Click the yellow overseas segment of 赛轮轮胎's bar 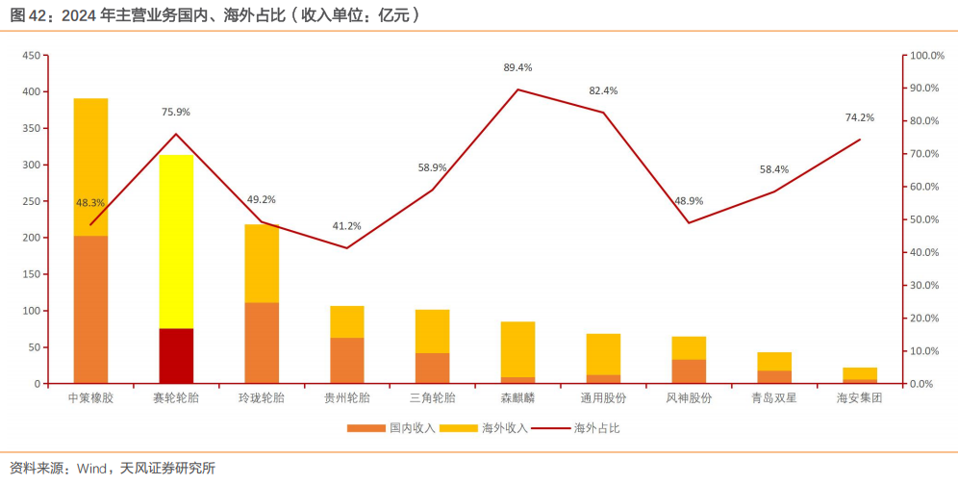(x=176, y=241)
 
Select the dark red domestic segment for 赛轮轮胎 (x=176, y=356)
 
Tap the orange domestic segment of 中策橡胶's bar (x=90, y=309)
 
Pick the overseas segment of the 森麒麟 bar (x=517, y=349)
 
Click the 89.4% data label (x=517, y=67)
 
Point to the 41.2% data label (x=346, y=226)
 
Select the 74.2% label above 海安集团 (x=860, y=117)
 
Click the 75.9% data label (x=176, y=112)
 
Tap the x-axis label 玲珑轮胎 (x=262, y=397)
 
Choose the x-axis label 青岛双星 (x=774, y=397)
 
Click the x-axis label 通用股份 (x=603, y=397)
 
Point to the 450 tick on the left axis (x=30, y=56)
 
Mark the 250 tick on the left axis (x=30, y=201)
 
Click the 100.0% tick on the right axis (x=930, y=56)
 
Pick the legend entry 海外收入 (x=495, y=427)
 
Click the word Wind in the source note (x=95, y=469)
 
